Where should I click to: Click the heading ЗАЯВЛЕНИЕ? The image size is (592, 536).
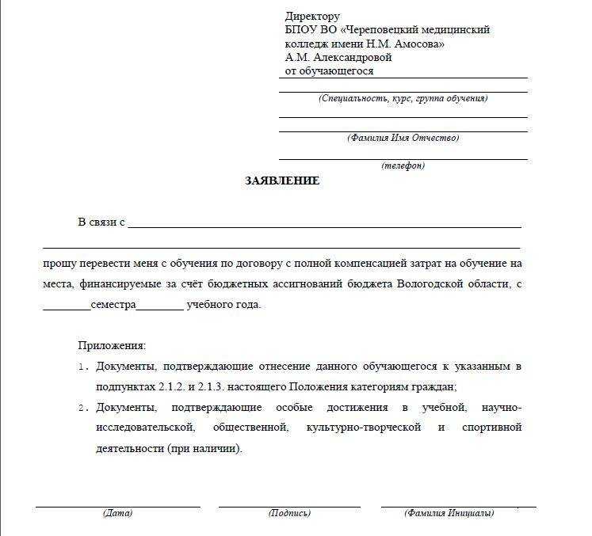click(282, 181)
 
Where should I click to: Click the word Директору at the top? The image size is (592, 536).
click(312, 17)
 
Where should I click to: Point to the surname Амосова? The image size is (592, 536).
click(416, 44)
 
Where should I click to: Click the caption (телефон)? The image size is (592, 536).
click(403, 166)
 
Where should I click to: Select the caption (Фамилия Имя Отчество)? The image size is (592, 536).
click(403, 138)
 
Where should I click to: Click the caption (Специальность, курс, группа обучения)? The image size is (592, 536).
click(403, 99)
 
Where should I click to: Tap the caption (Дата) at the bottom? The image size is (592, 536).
click(117, 513)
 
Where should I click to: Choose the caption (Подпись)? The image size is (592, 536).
click(289, 513)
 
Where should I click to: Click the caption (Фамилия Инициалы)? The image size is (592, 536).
click(449, 513)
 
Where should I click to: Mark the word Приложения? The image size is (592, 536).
click(112, 346)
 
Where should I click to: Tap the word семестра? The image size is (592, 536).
click(113, 305)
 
